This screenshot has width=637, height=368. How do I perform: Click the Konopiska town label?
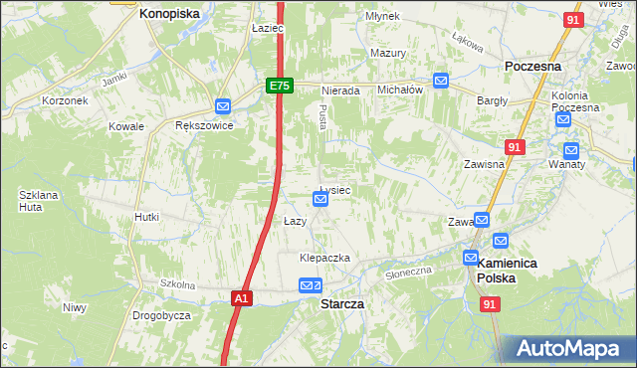pos(169,14)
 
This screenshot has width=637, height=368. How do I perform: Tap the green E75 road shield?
pos(279,87)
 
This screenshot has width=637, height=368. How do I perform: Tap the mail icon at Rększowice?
pos(223,106)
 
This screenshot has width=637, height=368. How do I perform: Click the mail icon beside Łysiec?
pos(320,199)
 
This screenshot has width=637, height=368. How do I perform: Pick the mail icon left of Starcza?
pos(307,286)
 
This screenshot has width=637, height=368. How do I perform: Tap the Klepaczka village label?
pos(325,258)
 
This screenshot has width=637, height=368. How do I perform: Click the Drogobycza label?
pos(161,315)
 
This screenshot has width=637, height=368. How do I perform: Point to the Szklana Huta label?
pos(38,202)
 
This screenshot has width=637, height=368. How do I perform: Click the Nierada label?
pos(340,90)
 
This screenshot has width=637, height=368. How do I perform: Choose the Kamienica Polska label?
pos(508,271)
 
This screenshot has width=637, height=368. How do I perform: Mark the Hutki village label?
pos(147,216)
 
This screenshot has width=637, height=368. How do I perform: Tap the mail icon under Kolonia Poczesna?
pos(563,120)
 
